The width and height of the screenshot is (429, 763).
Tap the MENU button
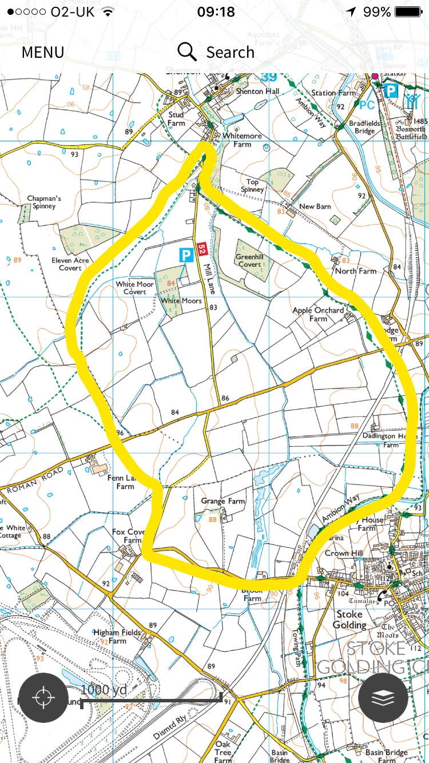[43, 53]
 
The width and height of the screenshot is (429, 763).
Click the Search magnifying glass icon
[186, 51]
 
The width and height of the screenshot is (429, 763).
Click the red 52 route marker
[201, 249]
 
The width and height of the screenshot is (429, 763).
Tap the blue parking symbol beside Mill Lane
[185, 255]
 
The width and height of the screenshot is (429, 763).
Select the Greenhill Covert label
[249, 261]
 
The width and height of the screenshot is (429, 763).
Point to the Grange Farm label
[223, 501]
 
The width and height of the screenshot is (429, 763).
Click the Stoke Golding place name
[349, 619]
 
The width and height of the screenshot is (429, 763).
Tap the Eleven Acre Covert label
[70, 264]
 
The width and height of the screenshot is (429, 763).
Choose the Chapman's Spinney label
[44, 202]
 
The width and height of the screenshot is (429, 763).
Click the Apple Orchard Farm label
[318, 314]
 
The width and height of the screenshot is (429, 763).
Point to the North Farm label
[355, 271]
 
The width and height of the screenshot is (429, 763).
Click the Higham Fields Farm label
[117, 636]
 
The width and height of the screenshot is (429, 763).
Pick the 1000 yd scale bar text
[104, 689]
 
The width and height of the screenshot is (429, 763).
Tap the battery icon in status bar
[409, 12]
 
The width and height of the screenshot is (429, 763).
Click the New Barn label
[315, 206]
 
